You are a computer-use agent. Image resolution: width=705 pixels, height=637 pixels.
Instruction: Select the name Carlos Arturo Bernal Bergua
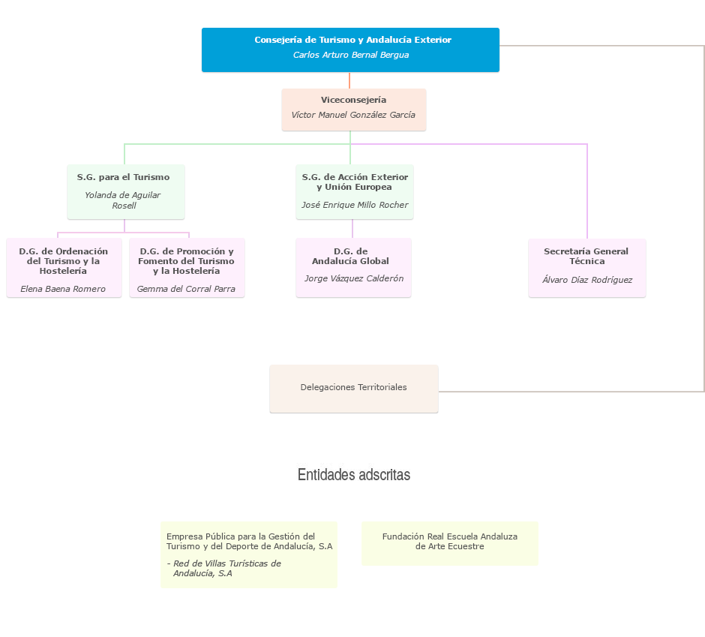pos(350,55)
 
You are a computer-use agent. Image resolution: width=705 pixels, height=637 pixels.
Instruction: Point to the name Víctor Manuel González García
pos(353,115)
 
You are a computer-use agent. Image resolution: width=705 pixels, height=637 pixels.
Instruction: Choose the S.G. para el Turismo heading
pos(123,177)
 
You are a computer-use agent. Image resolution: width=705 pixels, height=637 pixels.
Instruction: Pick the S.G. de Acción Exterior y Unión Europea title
pos(355,182)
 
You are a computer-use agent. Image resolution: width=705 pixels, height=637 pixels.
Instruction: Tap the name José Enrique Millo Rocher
pos(355,205)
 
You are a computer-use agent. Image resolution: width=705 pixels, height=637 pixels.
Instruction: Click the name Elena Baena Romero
pos(63,289)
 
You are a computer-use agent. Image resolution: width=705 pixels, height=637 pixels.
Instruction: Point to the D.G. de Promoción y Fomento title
pos(186,261)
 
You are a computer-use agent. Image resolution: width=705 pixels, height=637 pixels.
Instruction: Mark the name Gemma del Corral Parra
pos(186,289)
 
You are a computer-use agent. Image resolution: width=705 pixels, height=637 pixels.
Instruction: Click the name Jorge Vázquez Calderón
pos(354,278)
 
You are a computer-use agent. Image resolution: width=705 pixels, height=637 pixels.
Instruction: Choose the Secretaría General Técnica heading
pos(586,257)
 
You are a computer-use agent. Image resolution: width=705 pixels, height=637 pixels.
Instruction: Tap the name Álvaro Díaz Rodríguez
pos(587,280)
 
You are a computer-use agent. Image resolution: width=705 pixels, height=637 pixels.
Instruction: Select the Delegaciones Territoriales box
pos(353,388)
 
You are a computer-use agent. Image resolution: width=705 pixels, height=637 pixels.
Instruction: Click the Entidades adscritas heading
pos(354,475)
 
